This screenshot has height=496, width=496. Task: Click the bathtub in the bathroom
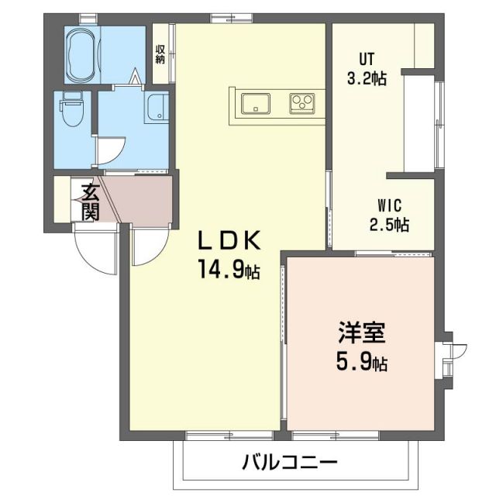tap(82, 54)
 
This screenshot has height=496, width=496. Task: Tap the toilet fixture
tap(71, 110)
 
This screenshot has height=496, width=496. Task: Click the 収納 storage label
tap(160, 54)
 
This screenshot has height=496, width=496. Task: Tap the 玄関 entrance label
tap(88, 201)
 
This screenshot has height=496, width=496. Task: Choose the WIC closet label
tap(389, 205)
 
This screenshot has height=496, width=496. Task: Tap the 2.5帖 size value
tap(389, 225)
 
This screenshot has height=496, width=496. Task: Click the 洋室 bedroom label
tap(361, 336)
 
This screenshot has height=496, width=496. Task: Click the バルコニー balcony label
tap(290, 464)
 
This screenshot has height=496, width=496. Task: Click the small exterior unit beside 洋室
tap(450, 355)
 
